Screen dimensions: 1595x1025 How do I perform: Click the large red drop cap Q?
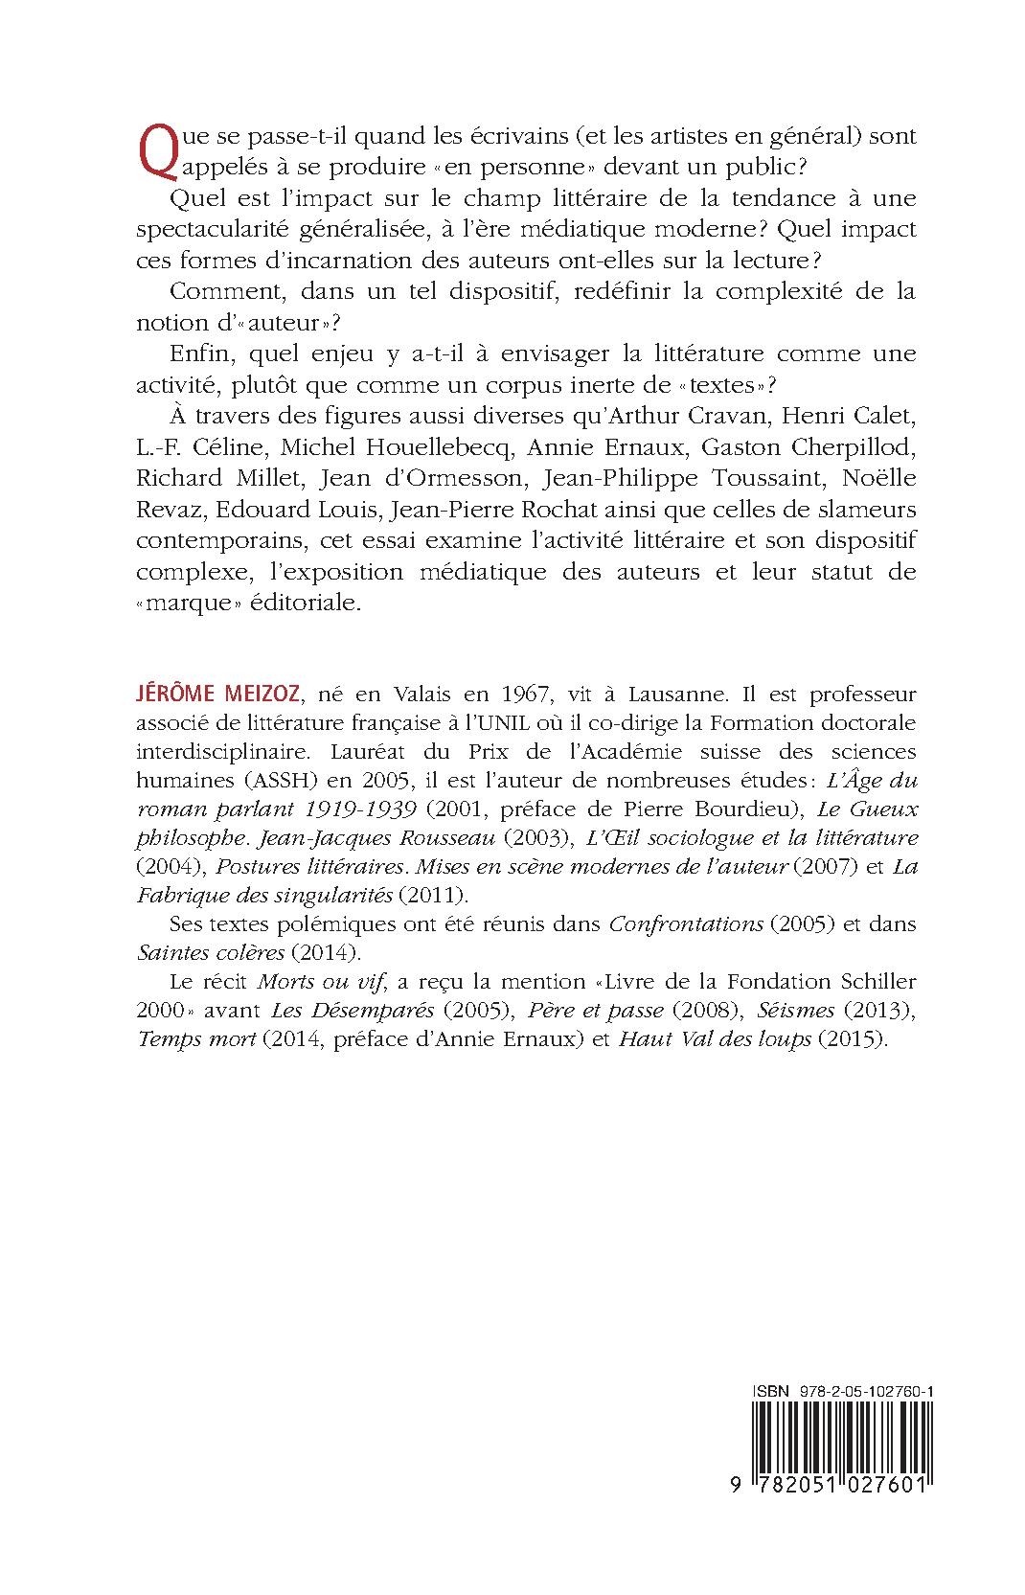[x=153, y=152]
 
